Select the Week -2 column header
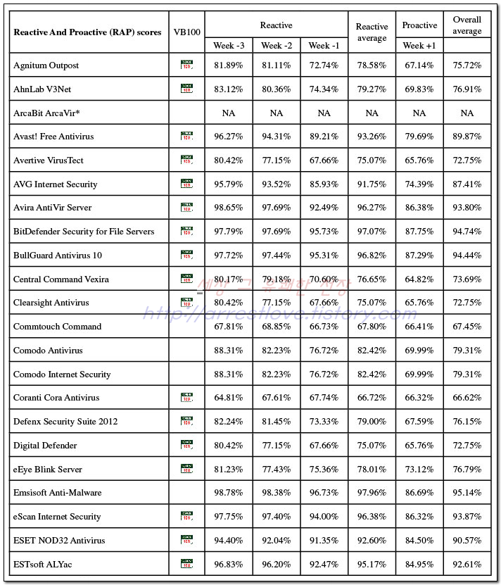[x=276, y=46]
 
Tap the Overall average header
[x=467, y=25]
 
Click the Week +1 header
[x=419, y=46]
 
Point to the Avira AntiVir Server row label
[x=53, y=208]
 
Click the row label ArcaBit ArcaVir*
[x=46, y=113]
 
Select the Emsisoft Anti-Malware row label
[x=58, y=493]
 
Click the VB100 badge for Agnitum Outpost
[x=186, y=65]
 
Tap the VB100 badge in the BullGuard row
[x=186, y=255]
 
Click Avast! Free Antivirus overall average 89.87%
[x=467, y=137]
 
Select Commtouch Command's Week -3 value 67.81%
[x=228, y=327]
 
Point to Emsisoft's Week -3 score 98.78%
[x=228, y=493]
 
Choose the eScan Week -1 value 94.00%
[x=324, y=517]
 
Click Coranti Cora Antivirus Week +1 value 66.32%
[x=419, y=398]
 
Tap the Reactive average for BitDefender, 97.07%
[x=372, y=232]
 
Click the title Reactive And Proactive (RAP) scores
[x=87, y=32]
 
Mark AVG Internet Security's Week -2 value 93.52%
[x=276, y=184]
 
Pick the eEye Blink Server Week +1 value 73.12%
[x=419, y=470]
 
